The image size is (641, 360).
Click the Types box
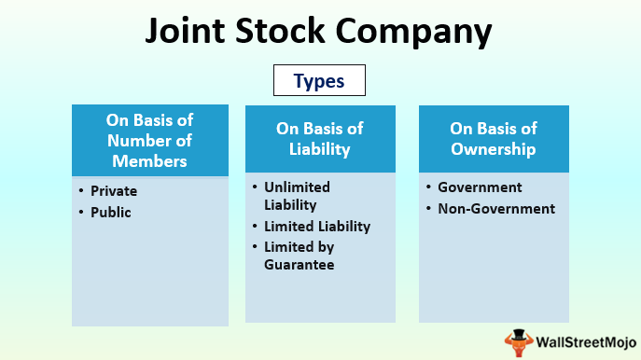[x=319, y=81]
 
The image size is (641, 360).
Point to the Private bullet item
[x=114, y=191]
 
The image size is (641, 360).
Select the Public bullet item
[x=110, y=212]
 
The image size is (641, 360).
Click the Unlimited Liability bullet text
[x=297, y=195]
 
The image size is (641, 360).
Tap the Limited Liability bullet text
[x=316, y=226]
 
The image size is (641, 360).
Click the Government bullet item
[x=481, y=187]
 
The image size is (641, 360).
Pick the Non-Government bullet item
[x=495, y=208]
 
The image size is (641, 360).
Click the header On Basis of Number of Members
[x=149, y=141]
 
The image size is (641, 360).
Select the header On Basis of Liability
[x=319, y=138]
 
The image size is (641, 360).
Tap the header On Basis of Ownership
[x=493, y=138]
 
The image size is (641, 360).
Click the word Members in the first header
[x=149, y=160]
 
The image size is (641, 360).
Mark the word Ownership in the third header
[x=493, y=148]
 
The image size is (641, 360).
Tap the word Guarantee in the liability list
[x=299, y=265]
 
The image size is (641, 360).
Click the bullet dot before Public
[x=82, y=213]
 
